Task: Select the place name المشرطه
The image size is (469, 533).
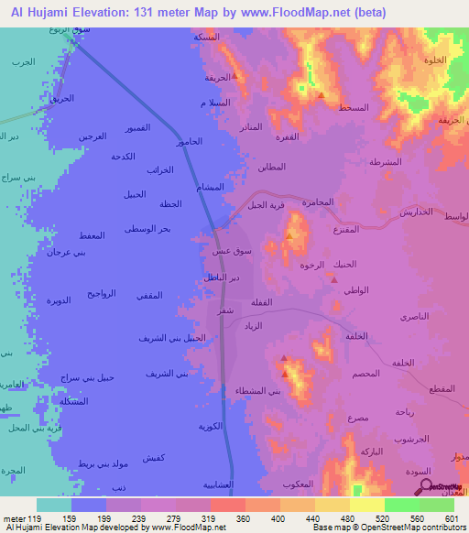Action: [385, 162]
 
